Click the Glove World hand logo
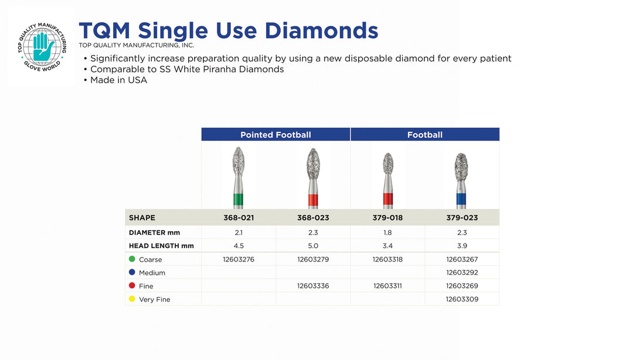click(42, 47)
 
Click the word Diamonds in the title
click(321, 30)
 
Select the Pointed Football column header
click(275, 134)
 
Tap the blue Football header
click(425, 134)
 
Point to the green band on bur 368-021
click(239, 199)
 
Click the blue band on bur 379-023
click(461, 199)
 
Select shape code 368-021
click(239, 218)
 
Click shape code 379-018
click(387, 218)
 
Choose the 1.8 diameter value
click(387, 233)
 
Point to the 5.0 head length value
click(313, 246)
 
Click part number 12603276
click(239, 259)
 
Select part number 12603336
click(313, 286)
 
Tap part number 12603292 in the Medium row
click(462, 273)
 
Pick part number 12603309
click(462, 300)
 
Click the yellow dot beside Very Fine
click(132, 299)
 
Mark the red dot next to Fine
click(132, 286)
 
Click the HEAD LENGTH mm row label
click(161, 246)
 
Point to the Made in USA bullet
click(115, 80)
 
